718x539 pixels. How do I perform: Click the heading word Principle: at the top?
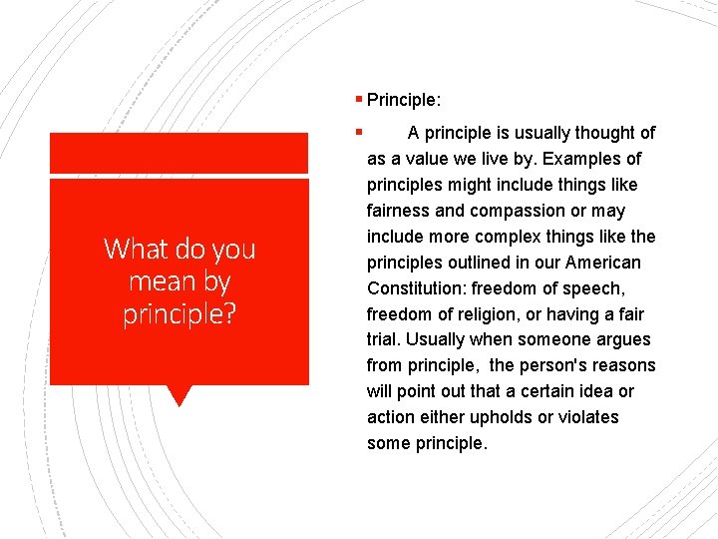[404, 100]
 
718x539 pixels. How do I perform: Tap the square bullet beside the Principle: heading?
[358, 99]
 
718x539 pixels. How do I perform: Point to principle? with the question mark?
[179, 314]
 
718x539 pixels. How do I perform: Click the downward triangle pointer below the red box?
[179, 396]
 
